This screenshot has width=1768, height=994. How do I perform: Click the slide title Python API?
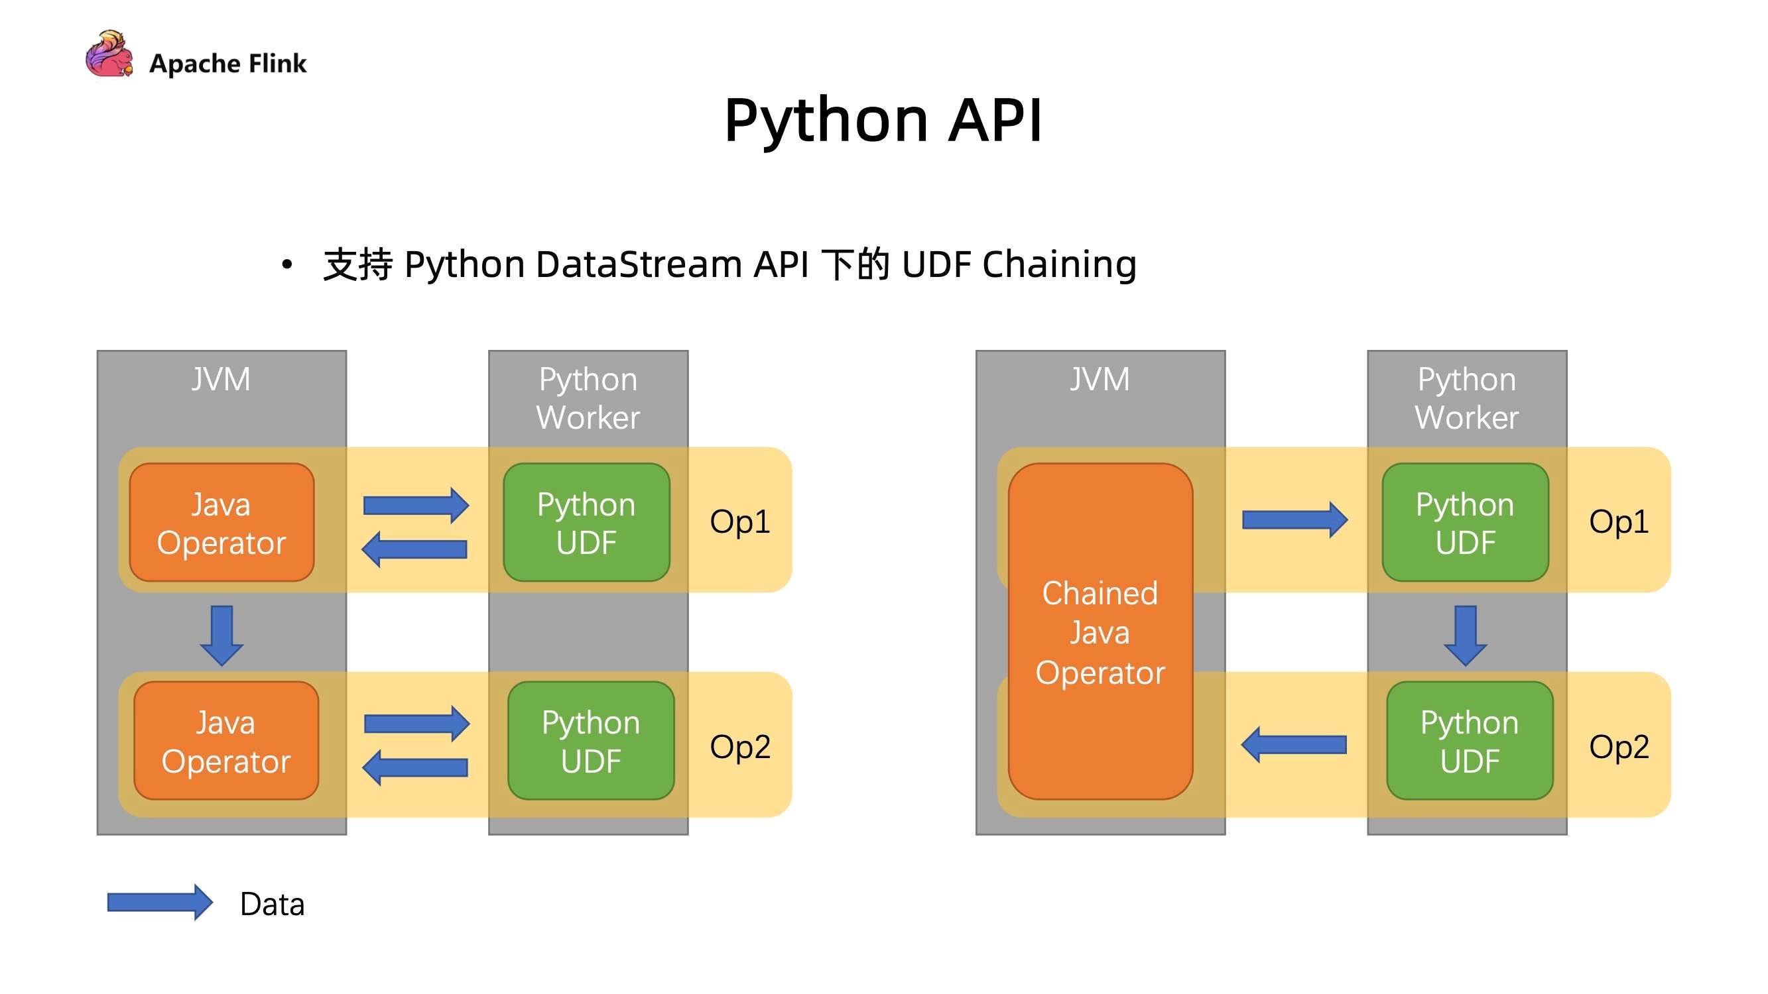883,120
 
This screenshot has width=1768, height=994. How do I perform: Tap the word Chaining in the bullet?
1059,264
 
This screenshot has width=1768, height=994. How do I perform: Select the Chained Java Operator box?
1100,631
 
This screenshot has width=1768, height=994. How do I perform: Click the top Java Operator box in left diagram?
221,523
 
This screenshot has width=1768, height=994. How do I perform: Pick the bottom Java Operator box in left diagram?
225,741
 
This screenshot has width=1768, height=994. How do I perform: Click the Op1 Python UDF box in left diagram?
586,523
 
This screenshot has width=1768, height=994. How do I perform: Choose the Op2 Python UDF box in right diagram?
1470,741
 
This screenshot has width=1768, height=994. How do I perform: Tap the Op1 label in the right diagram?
1618,522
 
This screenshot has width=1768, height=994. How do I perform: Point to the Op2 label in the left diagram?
740,746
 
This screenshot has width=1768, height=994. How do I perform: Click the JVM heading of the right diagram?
1100,379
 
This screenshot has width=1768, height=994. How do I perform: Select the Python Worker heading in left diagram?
588,398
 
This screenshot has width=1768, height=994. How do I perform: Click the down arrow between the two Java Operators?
221,635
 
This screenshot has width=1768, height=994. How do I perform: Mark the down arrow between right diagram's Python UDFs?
1466,635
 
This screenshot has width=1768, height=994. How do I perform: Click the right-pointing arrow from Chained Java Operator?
1294,520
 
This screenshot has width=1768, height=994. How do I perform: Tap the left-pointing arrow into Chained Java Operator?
1294,744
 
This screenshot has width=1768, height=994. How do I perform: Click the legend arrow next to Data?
160,902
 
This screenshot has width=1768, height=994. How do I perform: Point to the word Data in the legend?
272,904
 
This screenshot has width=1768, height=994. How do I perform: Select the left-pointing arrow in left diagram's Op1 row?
414,549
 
